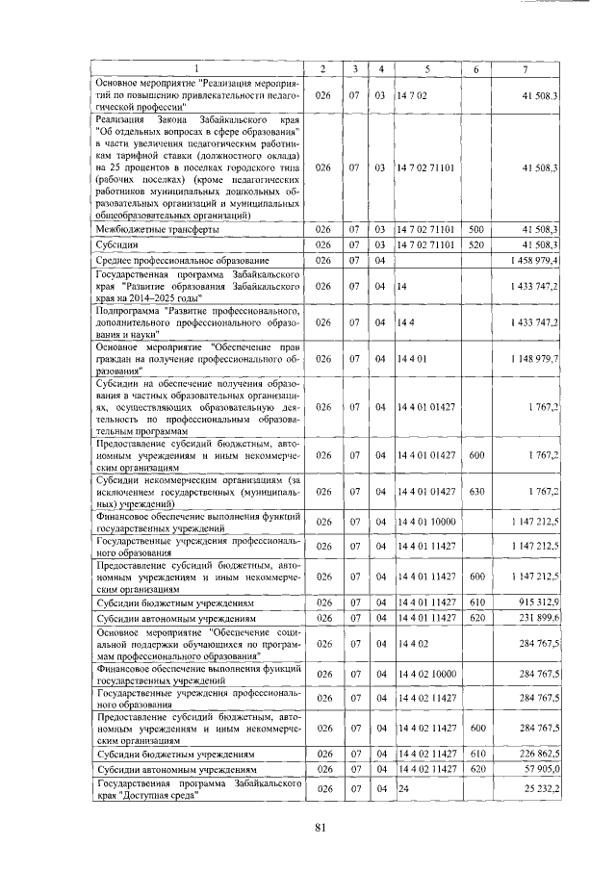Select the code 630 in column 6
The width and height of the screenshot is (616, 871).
coord(475,491)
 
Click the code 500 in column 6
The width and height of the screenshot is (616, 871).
coord(475,230)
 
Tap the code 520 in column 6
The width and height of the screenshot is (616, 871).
coord(475,245)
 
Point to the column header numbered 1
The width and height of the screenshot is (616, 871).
coord(198,68)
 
